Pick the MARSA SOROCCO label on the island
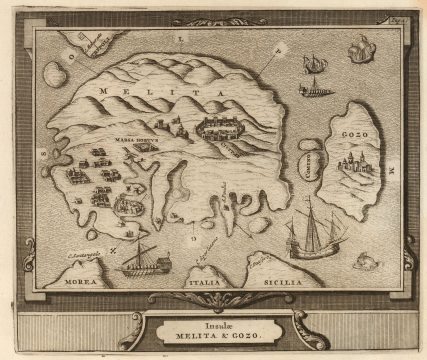click(x=136, y=140)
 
